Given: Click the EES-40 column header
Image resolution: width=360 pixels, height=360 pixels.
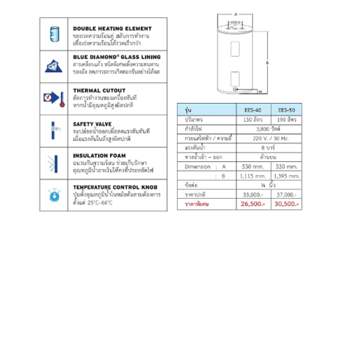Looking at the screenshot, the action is click(254, 109).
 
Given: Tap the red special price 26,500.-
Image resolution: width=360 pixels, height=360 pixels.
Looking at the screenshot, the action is click(254, 203).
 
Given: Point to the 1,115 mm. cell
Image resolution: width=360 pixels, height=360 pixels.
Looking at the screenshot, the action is click(254, 176).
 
